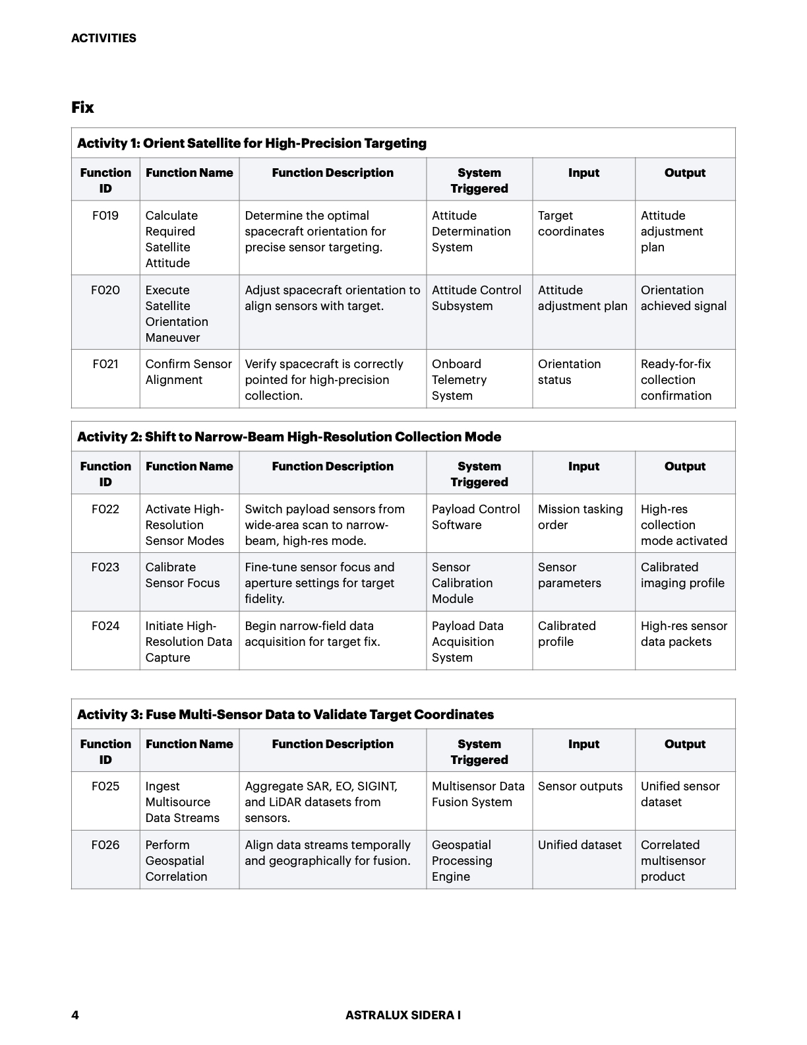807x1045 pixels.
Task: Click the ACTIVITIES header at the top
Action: pyautogui.click(x=104, y=38)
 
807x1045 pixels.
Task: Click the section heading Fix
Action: pyautogui.click(x=82, y=108)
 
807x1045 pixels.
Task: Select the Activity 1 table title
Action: pyautogui.click(x=252, y=143)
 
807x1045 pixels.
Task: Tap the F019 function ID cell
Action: pyautogui.click(x=105, y=216)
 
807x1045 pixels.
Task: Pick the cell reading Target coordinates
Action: pyautogui.click(x=571, y=224)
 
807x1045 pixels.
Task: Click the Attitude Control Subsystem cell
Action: pyautogui.click(x=476, y=298)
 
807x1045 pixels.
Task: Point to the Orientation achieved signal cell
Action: pyautogui.click(x=684, y=298)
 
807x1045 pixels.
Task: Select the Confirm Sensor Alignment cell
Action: pyautogui.click(x=189, y=372)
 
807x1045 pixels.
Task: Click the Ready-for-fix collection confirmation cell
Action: pyautogui.click(x=676, y=380)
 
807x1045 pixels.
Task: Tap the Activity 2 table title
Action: pyautogui.click(x=289, y=437)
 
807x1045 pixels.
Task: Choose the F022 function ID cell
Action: pyautogui.click(x=105, y=509)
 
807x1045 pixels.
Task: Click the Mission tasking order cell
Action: pyautogui.click(x=580, y=517)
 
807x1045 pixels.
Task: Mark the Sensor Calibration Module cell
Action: pyautogui.click(x=462, y=583)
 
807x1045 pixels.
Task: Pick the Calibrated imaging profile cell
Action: pyautogui.click(x=682, y=575)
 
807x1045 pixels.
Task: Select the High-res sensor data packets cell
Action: pyautogui.click(x=684, y=634)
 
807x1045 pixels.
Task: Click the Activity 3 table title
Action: pyautogui.click(x=285, y=714)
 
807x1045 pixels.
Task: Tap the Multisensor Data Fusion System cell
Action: pyautogui.click(x=478, y=794)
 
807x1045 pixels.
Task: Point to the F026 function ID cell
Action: pyautogui.click(x=105, y=845)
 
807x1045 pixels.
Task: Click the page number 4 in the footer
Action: pyautogui.click(x=75, y=1015)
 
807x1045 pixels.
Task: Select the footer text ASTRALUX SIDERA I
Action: pyautogui.click(x=403, y=1015)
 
